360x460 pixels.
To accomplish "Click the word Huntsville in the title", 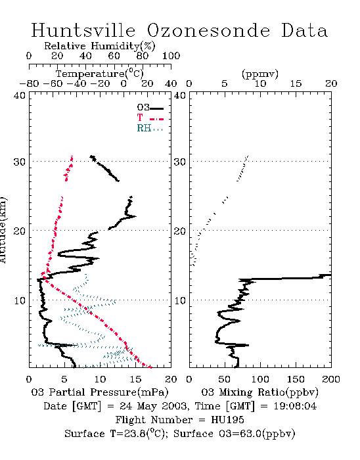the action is coord(83,30).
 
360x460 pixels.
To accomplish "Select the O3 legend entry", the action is coord(150,108).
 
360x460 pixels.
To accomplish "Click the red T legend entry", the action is coord(150,118).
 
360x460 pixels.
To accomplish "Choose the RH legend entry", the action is coord(150,128).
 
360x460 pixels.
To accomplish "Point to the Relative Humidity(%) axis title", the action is coord(99,46).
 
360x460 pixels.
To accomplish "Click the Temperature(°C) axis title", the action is coord(99,74).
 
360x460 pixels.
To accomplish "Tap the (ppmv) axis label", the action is coord(260,74).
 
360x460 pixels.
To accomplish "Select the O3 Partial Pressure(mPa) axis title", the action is coord(100,392).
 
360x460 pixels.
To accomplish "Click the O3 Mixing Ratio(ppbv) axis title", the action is coord(259,392).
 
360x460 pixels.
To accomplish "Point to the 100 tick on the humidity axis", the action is coord(171,56).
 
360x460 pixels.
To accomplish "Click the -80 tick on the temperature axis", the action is coord(29,83).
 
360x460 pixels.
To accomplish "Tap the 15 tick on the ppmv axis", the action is coord(296,83).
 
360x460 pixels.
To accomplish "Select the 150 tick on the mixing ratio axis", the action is coord(296,379).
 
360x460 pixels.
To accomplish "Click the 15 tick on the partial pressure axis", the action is coord(135,379).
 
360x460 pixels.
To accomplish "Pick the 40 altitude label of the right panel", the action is coord(180,95).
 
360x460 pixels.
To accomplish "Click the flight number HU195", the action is coord(227,420).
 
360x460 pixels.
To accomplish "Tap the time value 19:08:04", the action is coord(295,406).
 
